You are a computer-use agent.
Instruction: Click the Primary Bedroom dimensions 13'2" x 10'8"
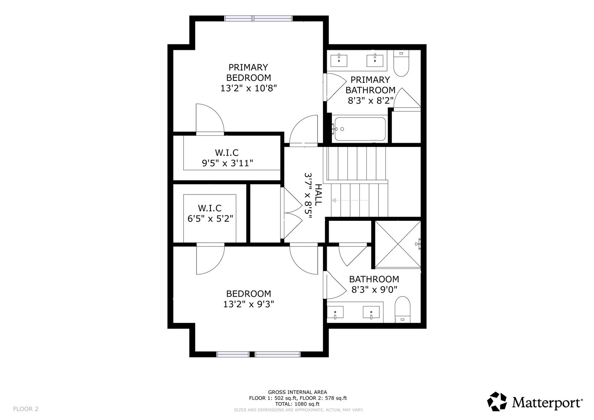point(249,88)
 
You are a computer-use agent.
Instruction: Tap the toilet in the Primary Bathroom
point(401,63)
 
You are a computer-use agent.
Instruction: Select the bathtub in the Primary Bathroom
point(360,129)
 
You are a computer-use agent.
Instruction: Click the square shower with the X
point(398,244)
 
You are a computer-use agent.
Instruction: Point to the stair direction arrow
point(350,200)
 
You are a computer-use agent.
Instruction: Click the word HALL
point(318,195)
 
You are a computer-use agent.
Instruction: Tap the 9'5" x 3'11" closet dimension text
point(227,163)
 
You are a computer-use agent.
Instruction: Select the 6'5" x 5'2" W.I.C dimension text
point(210,219)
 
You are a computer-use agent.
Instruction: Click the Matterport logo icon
point(497,402)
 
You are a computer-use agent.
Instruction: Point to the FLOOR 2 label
point(26,409)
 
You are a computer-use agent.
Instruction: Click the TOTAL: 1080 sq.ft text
point(297,404)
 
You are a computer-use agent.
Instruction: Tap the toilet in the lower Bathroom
point(402,310)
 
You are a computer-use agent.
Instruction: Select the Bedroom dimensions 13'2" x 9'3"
point(249,304)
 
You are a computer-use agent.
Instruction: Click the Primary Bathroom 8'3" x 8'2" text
point(370,101)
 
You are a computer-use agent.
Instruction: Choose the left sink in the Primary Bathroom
point(339,61)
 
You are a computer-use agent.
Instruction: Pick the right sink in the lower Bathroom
point(371,312)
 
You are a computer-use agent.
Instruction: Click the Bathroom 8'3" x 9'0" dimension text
point(374,290)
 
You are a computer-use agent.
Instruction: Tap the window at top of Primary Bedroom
point(258,18)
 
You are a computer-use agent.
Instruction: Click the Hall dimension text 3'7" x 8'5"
point(308,195)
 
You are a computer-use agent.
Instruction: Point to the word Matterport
point(547,403)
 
